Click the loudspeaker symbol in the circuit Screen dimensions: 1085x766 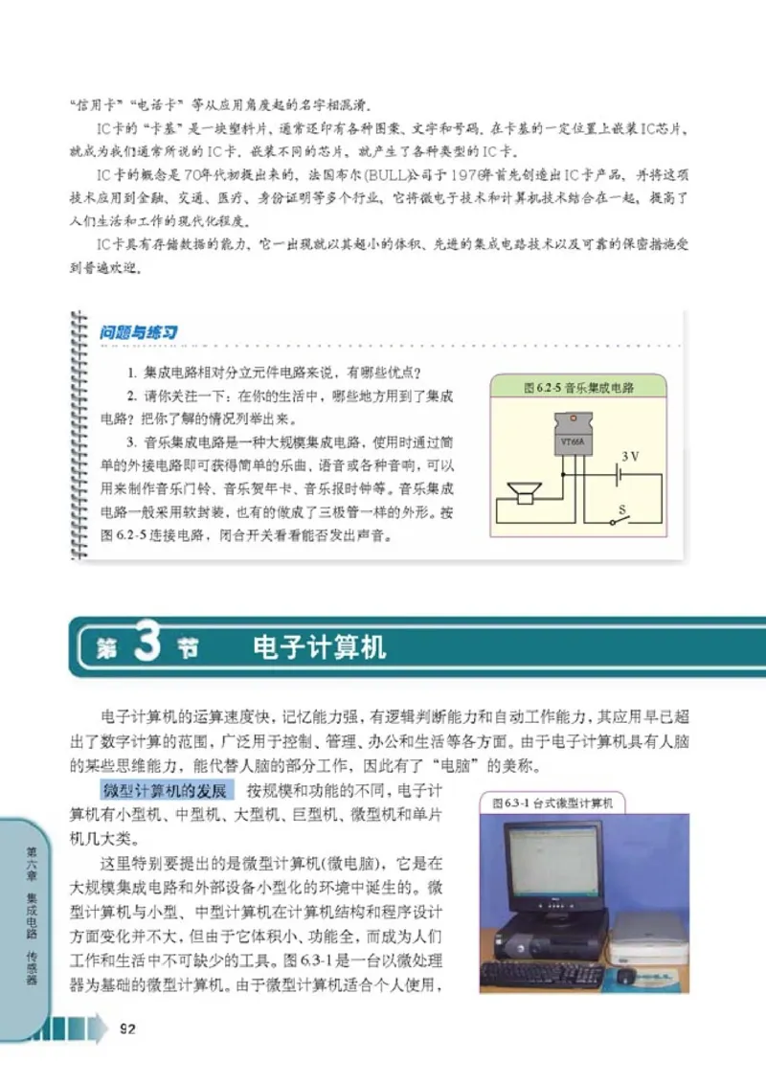pos(523,492)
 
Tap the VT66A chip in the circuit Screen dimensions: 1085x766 pos(572,441)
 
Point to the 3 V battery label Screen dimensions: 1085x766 pos(630,457)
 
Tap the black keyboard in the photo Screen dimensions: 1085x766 pos(542,974)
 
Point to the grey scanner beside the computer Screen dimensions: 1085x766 pos(650,934)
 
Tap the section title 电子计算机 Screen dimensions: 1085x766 pos(319,648)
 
